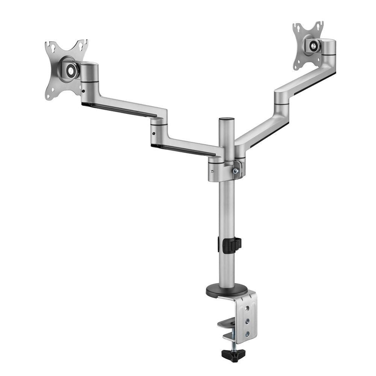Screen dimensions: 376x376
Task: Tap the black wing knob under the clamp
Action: [233, 354]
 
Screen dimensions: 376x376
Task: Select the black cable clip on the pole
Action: [231, 245]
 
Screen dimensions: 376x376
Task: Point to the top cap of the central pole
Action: [226, 120]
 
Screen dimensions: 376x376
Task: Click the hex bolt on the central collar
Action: [235, 171]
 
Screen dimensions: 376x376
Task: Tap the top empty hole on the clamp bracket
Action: [247, 308]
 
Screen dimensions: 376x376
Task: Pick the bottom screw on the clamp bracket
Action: [247, 334]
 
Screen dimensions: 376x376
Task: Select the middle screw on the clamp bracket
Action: [247, 321]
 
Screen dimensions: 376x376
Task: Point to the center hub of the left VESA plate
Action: [71, 70]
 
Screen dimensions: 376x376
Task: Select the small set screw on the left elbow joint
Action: [153, 133]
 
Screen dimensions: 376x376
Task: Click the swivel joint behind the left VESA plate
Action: [89, 79]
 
